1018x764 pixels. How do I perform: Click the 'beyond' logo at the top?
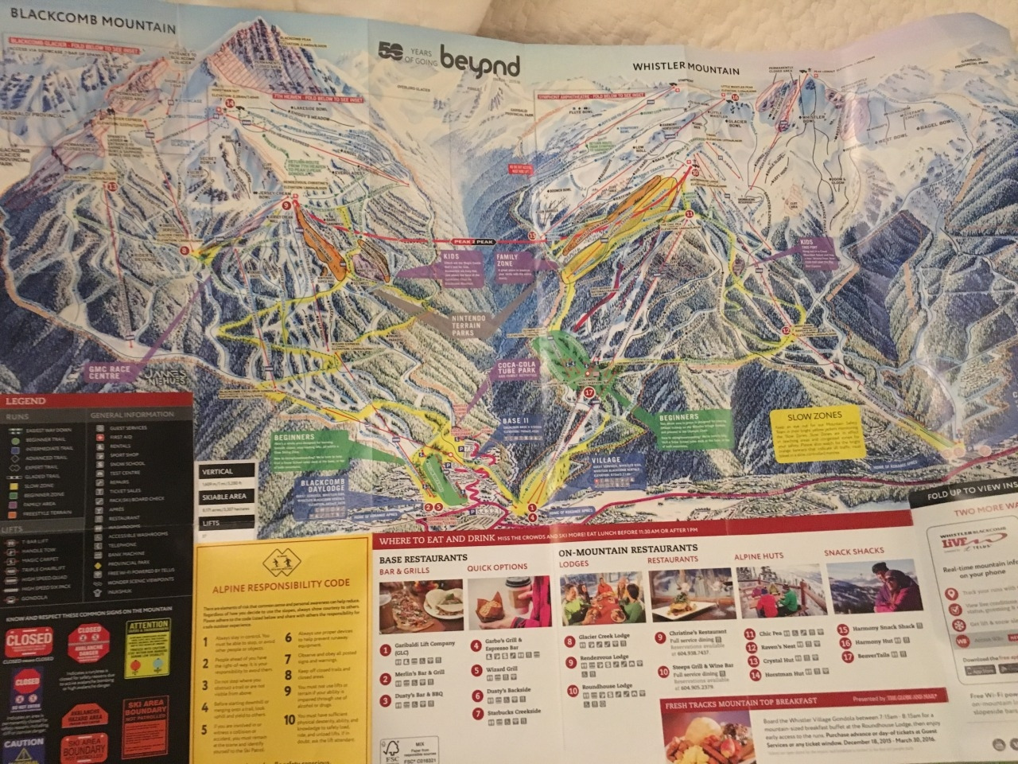click(x=479, y=62)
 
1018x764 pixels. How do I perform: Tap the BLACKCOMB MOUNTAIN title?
click(x=88, y=26)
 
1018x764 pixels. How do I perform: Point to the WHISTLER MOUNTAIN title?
click(x=686, y=69)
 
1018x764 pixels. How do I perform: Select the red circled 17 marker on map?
click(x=589, y=392)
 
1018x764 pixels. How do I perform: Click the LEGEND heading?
click(x=26, y=401)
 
